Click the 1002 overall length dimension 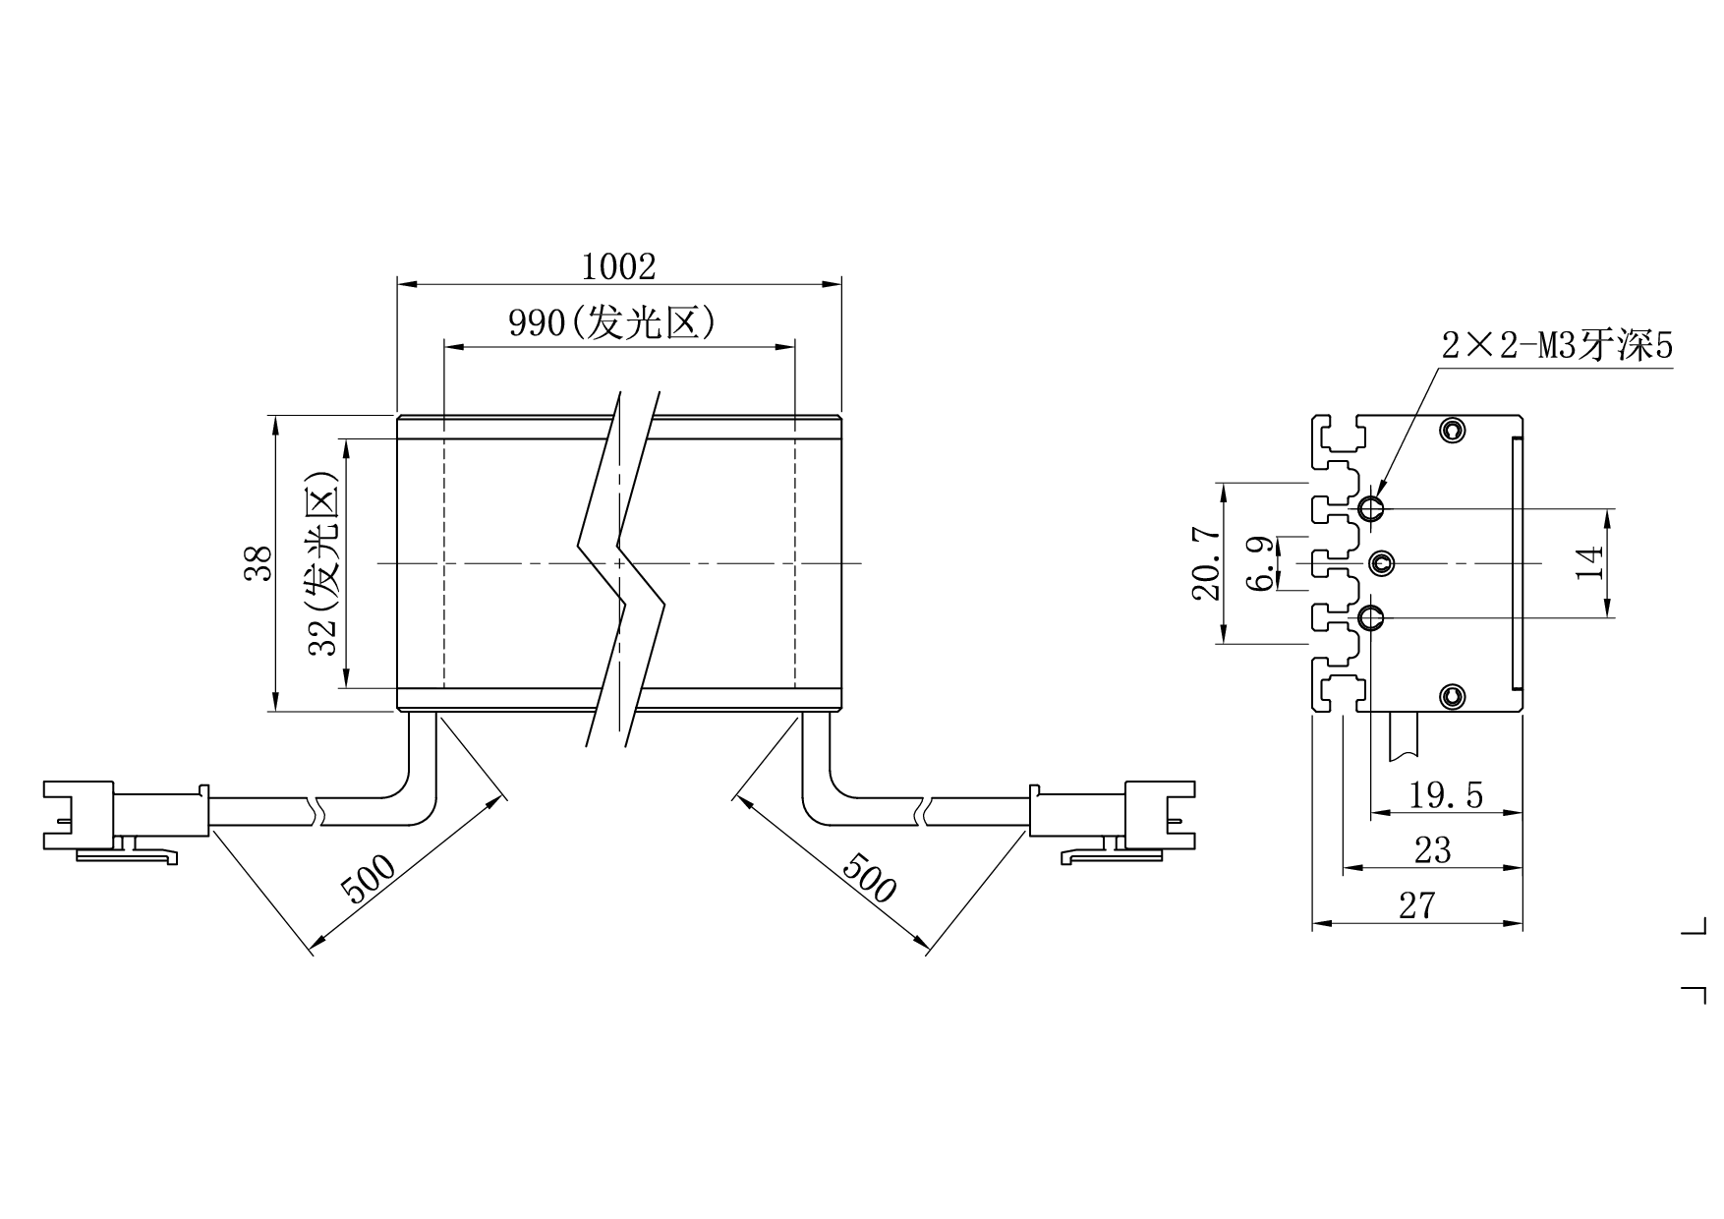click(618, 266)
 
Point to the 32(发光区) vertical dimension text click(323, 562)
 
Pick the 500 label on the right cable click(870, 877)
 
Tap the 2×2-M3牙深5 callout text click(1557, 346)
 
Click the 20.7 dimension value click(1208, 563)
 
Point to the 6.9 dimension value click(1261, 563)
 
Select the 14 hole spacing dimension click(1590, 562)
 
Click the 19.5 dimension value click(1446, 794)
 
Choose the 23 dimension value click(1432, 849)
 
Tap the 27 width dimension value click(1416, 905)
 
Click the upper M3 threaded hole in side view click(1371, 508)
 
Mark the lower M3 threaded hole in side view click(1371, 617)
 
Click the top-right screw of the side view click(1453, 430)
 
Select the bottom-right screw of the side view click(1453, 697)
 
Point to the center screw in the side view click(1383, 562)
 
